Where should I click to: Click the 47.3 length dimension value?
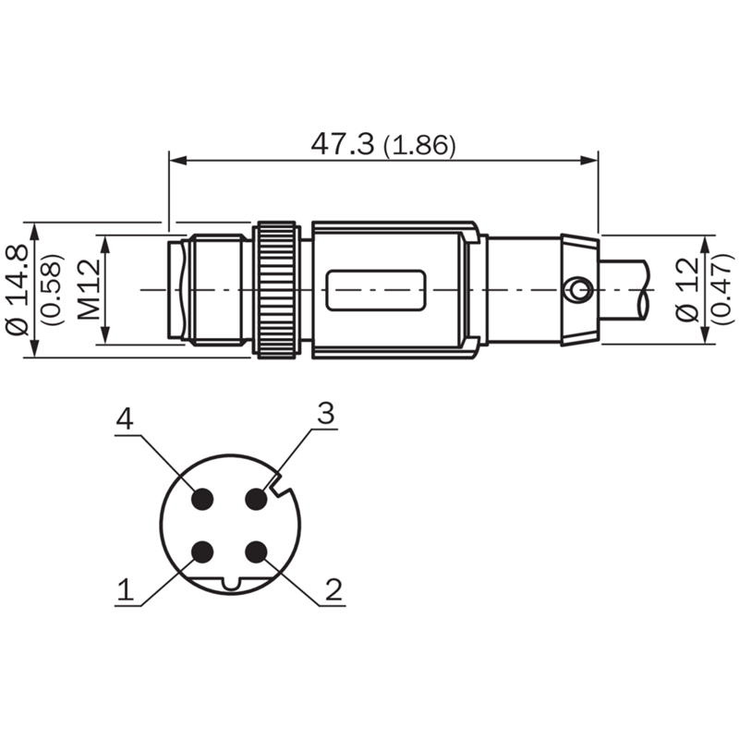(342, 144)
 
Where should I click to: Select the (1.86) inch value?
(419, 145)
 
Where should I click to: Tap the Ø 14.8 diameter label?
(18, 289)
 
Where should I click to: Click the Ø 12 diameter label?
(686, 289)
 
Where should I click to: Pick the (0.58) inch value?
(52, 289)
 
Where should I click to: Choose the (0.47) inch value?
(721, 289)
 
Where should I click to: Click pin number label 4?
(125, 418)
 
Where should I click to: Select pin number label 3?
(326, 413)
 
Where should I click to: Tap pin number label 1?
(126, 589)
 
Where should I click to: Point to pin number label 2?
(333, 589)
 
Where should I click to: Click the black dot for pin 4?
(203, 499)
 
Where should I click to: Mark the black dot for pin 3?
(257, 499)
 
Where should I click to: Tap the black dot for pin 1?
(203, 551)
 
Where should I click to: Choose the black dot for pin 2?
(257, 551)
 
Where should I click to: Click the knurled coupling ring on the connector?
(276, 289)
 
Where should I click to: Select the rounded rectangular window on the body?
(376, 290)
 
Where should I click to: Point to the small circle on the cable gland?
(579, 289)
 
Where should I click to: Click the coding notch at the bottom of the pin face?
(231, 584)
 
